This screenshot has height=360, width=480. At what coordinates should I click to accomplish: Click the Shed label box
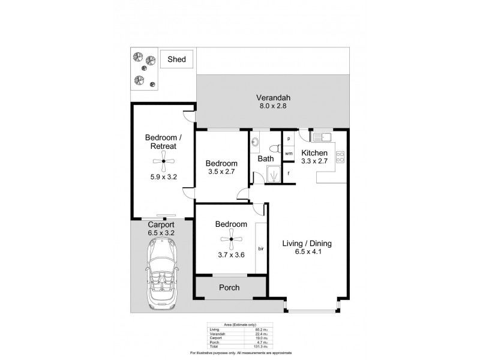coord(176,59)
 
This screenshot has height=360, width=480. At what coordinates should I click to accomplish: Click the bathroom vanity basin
coord(256,143)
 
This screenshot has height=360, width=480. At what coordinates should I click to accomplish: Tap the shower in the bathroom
coord(272,175)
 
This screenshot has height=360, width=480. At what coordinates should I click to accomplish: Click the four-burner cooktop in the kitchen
coord(340,157)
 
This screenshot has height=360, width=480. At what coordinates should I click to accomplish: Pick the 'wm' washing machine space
coord(289,154)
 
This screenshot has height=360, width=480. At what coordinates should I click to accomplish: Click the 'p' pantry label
coord(289,139)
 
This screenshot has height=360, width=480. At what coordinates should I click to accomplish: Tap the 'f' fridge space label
coord(289,174)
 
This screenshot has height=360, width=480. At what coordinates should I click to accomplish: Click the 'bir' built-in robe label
coord(261,248)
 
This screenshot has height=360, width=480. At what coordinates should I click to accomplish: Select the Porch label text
coord(229,287)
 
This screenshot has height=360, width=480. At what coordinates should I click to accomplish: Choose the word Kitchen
coord(314,152)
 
